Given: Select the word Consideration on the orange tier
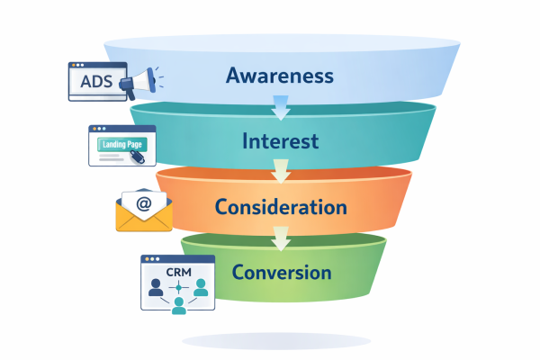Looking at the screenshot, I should tap(281, 207).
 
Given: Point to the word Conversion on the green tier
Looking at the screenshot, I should tap(281, 272).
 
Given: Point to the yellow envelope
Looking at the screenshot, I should tap(144, 216).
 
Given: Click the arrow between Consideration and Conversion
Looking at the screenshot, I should tap(281, 238).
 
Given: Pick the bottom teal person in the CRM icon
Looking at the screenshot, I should tap(178, 304).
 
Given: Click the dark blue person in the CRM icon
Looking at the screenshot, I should tap(157, 287).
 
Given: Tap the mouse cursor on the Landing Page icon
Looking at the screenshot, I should tap(136, 156).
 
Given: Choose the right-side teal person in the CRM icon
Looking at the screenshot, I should tap(200, 287).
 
